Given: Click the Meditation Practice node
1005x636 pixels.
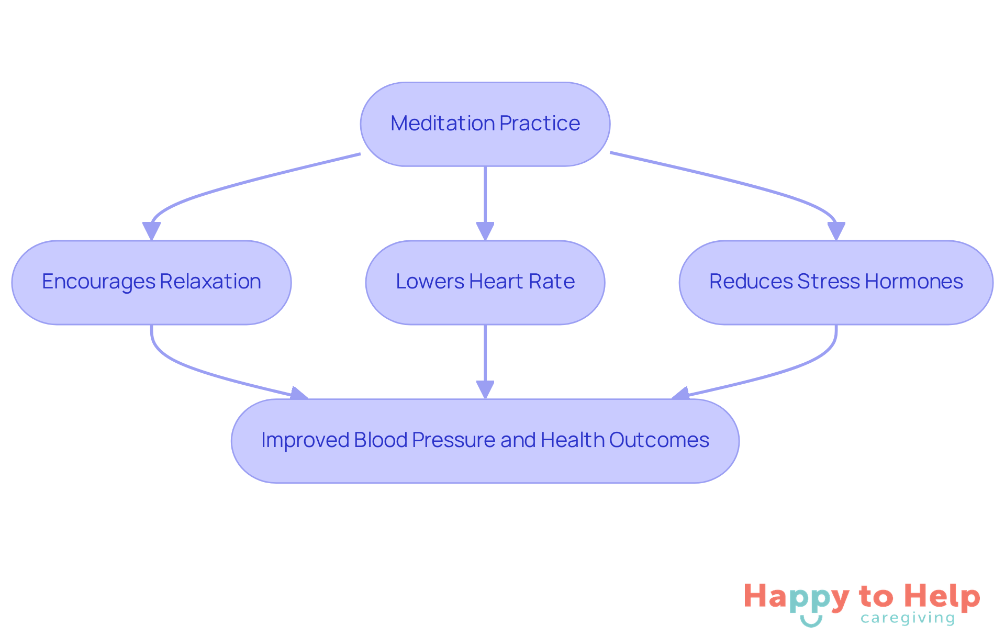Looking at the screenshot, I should [485, 124].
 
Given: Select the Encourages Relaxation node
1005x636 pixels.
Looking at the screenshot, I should [151, 282].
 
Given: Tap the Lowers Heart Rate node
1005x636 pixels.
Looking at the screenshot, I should [485, 282].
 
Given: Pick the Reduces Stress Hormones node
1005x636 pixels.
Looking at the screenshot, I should [835, 282].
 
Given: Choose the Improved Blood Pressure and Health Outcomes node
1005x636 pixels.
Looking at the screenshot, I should [485, 441].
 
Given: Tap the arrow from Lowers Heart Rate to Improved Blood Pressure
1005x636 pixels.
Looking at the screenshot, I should [485, 361].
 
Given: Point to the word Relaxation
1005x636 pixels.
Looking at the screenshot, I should [210, 282].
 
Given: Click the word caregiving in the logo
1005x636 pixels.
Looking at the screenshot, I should [908, 618].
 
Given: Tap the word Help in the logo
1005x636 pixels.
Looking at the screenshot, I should [942, 597].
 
